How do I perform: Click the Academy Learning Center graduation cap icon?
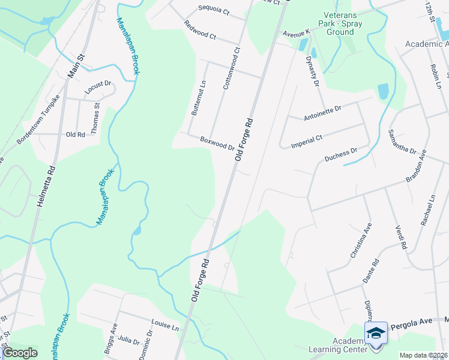(x=376, y=333)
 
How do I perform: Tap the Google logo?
(x=20, y=353)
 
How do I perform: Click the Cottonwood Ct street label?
(x=231, y=68)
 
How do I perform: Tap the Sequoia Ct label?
(x=214, y=10)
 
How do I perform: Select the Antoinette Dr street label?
(x=322, y=112)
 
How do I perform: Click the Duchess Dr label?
(x=340, y=156)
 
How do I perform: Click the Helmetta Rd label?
(x=46, y=187)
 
